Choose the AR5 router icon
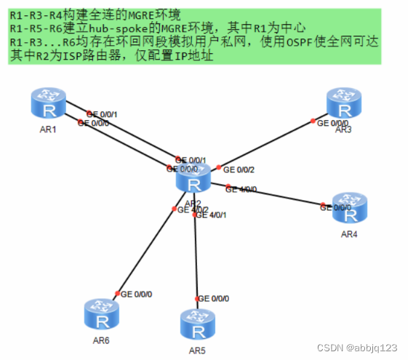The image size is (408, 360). [x=198, y=324]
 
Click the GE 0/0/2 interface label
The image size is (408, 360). [x=239, y=169]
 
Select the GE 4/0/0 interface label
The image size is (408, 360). [x=241, y=189]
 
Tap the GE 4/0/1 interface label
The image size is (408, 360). [x=212, y=215]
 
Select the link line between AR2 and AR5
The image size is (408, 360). [x=196, y=255]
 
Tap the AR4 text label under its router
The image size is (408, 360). [x=350, y=234]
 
